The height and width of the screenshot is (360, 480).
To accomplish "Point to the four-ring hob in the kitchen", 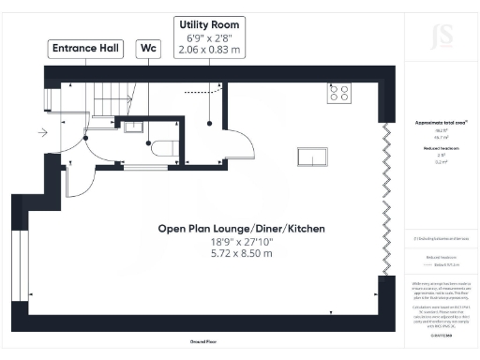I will pyautogui.click(x=338, y=93).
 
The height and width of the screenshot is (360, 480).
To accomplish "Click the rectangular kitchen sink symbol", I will pyautogui.click(x=310, y=157).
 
